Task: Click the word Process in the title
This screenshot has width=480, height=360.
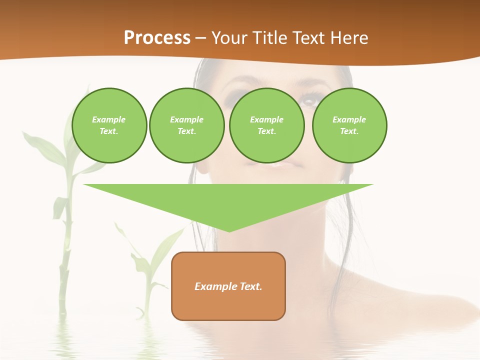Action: (x=157, y=38)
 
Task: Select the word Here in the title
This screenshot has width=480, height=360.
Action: (x=348, y=38)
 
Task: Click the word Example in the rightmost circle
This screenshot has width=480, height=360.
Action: (x=349, y=119)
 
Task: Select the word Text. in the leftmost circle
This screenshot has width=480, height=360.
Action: (x=108, y=131)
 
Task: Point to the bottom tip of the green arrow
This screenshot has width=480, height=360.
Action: (x=229, y=231)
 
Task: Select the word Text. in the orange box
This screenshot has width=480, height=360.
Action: (x=251, y=286)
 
